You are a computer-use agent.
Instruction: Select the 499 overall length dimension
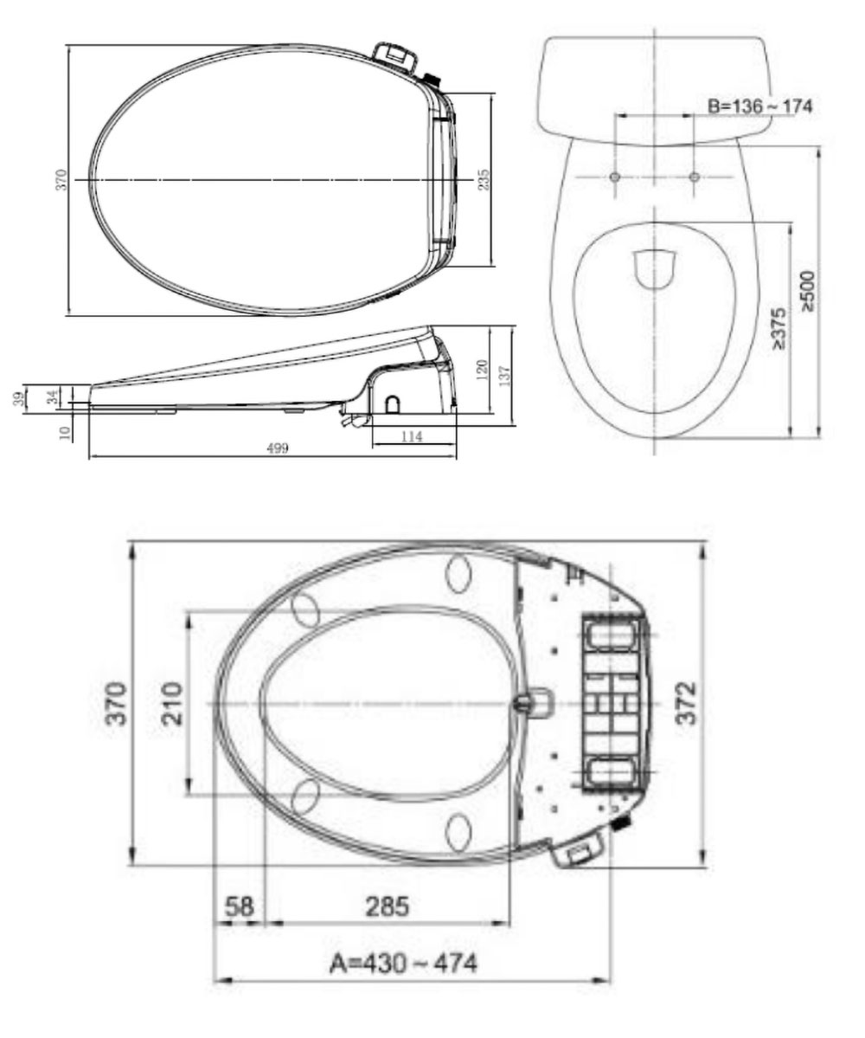(277, 447)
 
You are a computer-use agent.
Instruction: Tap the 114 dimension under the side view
(413, 437)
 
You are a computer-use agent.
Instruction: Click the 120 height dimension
(482, 370)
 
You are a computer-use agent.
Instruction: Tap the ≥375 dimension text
(778, 328)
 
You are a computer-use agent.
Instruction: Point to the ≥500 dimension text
(808, 290)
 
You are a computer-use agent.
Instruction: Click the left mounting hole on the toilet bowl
(614, 177)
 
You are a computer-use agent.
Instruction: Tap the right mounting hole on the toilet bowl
(694, 177)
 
